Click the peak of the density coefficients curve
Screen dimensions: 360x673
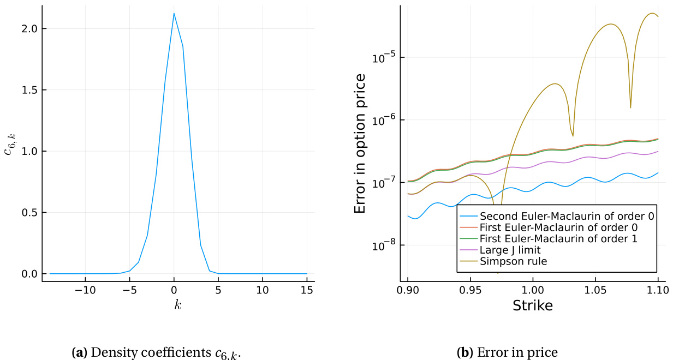(x=174, y=14)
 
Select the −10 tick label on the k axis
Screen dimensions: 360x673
(x=85, y=289)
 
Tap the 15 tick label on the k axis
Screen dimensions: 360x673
(x=307, y=289)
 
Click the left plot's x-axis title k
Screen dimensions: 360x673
(x=178, y=305)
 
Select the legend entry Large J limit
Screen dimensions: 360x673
(x=510, y=250)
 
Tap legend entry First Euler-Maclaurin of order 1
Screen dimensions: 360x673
(x=558, y=238)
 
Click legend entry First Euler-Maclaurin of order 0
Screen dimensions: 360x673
(x=558, y=226)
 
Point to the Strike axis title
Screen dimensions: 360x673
(x=532, y=306)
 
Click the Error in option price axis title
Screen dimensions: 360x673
(x=360, y=143)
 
